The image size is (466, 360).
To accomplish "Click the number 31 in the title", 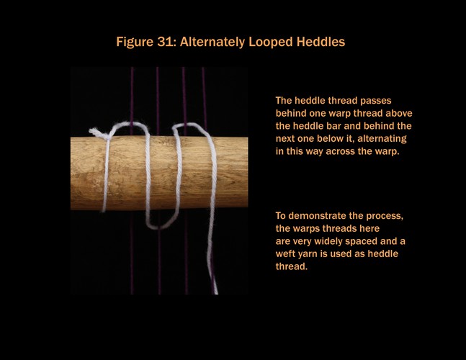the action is tap(164, 42).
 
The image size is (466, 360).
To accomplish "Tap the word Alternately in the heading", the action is tap(212, 42).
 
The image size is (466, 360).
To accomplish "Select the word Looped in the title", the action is tap(271, 42).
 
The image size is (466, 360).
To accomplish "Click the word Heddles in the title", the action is tap(321, 42).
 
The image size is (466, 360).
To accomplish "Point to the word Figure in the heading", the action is tap(135, 42).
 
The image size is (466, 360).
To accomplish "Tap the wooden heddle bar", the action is tap(159, 173).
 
